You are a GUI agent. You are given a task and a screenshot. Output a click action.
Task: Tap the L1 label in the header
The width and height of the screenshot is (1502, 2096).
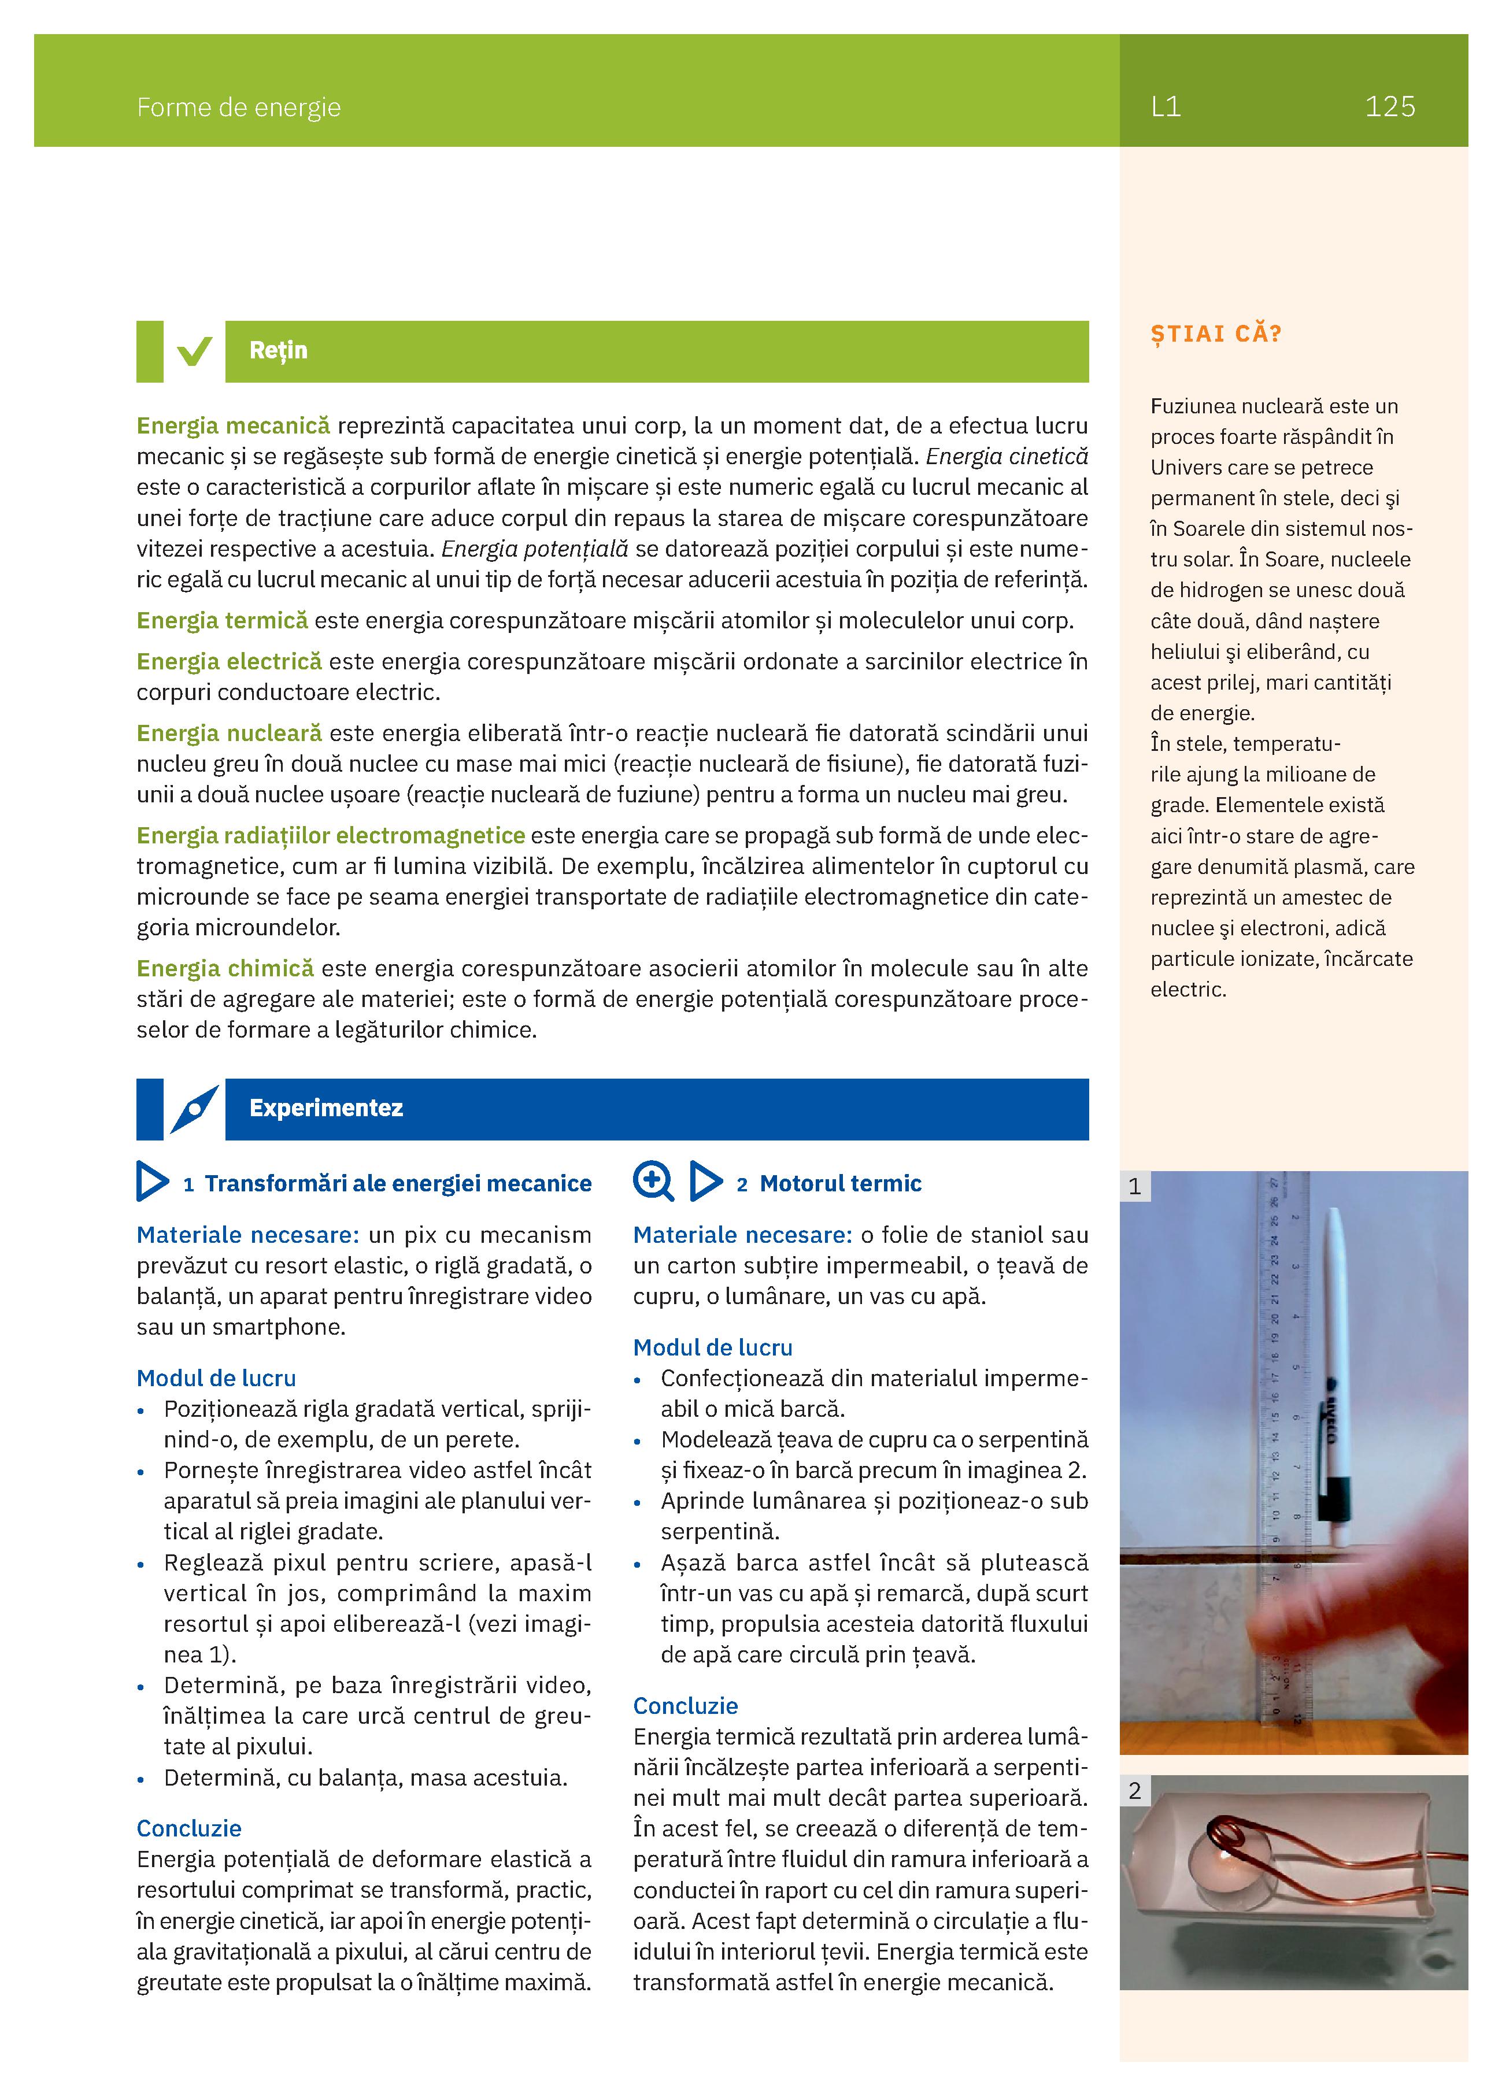[1166, 106]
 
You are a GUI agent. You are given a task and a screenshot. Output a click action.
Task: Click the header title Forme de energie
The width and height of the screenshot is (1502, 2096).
[238, 108]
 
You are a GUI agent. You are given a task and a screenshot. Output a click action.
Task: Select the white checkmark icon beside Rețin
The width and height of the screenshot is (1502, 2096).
[194, 351]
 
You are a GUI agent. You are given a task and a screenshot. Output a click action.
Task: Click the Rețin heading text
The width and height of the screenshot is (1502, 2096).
[278, 350]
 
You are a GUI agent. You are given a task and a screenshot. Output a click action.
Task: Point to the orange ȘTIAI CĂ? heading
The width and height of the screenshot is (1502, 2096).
[1215, 334]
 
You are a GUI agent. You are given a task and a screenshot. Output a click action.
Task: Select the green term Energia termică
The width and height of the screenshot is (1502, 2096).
[222, 620]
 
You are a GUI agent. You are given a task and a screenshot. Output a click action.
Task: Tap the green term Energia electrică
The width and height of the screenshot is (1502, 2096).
[229, 662]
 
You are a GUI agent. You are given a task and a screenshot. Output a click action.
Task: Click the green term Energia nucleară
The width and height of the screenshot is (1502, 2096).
[229, 733]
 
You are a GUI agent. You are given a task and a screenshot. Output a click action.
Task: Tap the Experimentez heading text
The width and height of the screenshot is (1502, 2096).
[325, 1108]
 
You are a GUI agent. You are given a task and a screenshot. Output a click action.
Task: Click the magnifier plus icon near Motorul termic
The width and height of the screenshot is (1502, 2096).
[653, 1181]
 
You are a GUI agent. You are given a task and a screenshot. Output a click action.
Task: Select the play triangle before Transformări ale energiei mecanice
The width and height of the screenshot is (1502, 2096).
[151, 1182]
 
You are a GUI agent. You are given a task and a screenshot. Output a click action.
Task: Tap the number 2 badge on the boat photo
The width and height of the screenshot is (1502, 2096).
[1135, 1790]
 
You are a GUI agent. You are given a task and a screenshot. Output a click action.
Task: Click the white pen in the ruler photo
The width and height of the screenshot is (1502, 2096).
[1335, 1368]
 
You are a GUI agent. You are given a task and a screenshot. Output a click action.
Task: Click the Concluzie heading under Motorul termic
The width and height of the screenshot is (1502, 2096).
[685, 1705]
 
